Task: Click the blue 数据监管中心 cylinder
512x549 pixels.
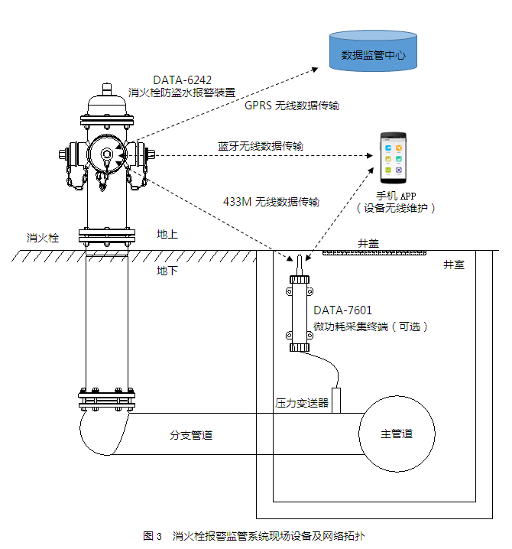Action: [372, 52]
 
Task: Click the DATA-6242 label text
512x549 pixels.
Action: [182, 80]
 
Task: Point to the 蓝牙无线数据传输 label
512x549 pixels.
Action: [260, 145]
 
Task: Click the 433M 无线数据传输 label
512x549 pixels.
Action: [271, 202]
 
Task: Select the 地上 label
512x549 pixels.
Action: [167, 234]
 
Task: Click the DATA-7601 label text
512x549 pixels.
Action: [342, 310]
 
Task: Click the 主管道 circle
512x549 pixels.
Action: [397, 434]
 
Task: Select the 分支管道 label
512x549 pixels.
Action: [190, 435]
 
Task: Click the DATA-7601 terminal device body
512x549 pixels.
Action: [300, 313]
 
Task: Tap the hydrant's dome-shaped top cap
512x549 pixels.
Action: [109, 102]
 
